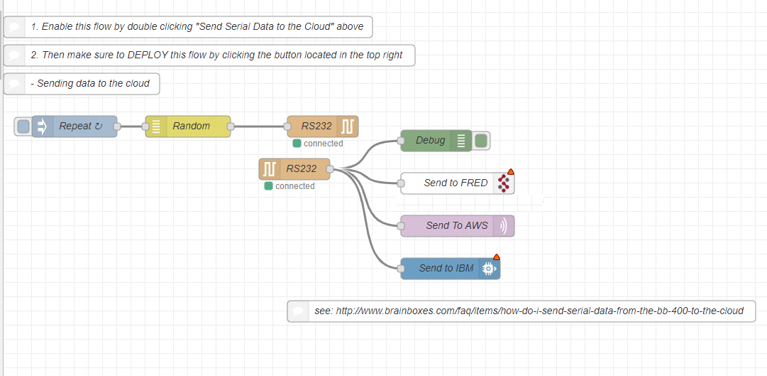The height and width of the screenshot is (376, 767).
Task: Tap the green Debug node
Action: click(x=429, y=141)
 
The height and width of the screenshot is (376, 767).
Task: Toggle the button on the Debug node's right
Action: click(x=482, y=141)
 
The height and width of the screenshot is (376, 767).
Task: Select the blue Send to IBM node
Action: click(x=446, y=269)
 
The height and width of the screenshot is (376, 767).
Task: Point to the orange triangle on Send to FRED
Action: click(x=510, y=172)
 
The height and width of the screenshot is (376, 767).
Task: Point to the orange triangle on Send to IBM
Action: click(x=496, y=257)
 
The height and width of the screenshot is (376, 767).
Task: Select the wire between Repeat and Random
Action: click(x=131, y=127)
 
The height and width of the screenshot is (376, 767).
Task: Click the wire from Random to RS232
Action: click(x=259, y=127)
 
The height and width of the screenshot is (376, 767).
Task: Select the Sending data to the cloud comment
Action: click(x=89, y=84)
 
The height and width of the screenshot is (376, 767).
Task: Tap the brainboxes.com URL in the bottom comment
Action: click(x=539, y=311)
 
